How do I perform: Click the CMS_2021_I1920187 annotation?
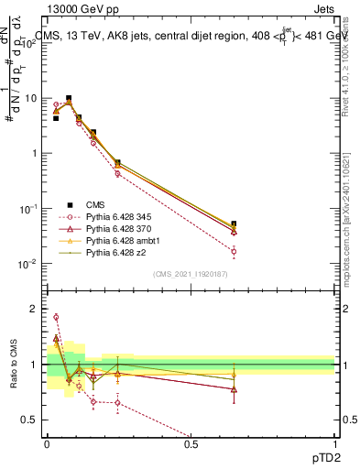[x=190, y=274]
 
